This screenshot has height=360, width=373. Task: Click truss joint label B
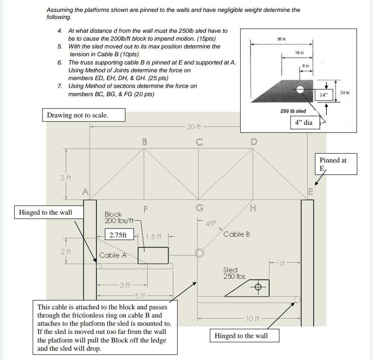point(144,142)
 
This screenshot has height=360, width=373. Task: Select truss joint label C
point(199,142)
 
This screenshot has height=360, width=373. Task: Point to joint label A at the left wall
point(85,192)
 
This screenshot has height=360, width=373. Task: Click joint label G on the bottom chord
point(199,207)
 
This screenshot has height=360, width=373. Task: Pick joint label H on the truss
point(253,208)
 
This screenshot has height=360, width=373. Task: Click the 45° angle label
point(210,224)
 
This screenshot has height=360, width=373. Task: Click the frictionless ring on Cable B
point(200,253)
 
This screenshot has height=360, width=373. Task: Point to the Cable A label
point(113,255)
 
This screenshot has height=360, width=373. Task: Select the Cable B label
point(236,234)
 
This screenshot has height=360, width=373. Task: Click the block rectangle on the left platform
point(153,255)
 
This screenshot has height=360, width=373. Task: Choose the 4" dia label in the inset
point(305,122)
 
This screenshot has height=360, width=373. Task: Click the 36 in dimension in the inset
point(281,39)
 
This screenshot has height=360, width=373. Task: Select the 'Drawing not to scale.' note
point(77,115)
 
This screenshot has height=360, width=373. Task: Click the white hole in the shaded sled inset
point(300,89)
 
